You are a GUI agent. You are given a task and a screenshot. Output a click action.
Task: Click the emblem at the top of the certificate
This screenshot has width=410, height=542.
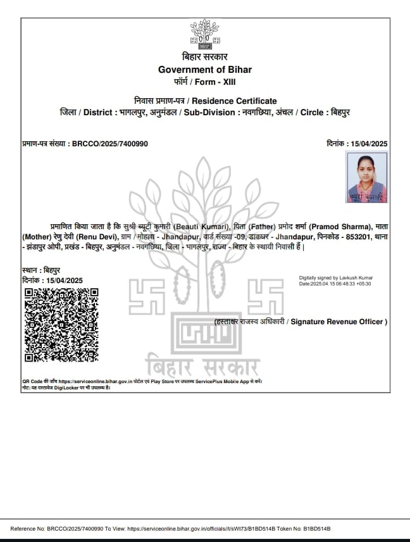[204, 35]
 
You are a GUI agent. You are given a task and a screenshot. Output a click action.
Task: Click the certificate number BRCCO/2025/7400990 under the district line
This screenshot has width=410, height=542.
[110, 144]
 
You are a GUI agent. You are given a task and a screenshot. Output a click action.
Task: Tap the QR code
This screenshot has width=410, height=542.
[61, 325]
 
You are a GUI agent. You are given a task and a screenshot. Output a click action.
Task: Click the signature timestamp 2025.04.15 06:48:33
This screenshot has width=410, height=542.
[333, 284]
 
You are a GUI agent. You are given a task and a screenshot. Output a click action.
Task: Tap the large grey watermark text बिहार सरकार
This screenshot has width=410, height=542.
[202, 367]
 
